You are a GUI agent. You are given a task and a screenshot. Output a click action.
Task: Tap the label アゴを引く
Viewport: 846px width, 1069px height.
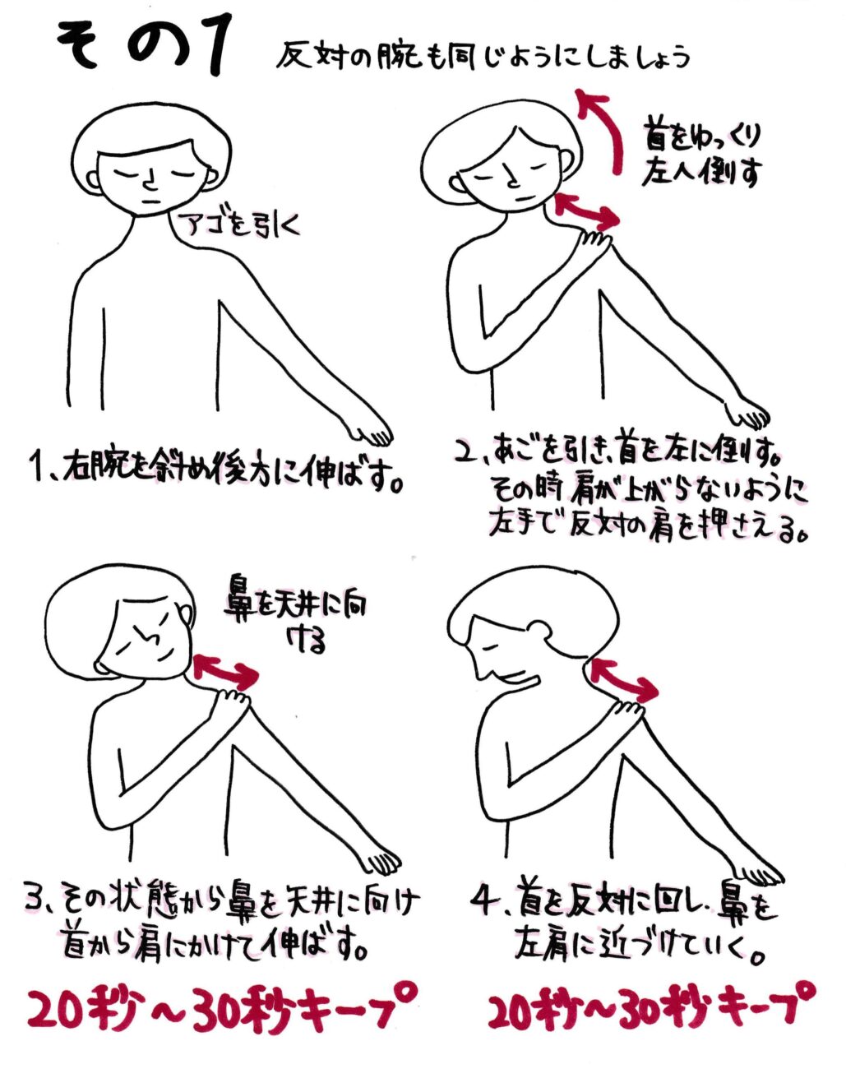tap(242, 225)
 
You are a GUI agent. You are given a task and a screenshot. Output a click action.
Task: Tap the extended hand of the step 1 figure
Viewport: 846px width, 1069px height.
tap(373, 433)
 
